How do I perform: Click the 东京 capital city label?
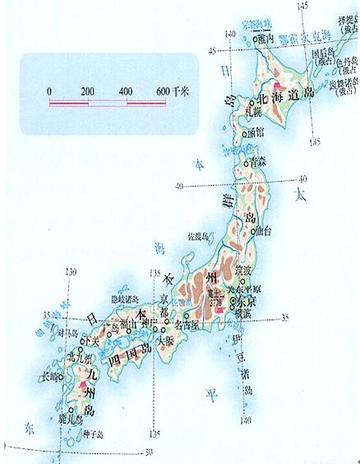coord(244,301)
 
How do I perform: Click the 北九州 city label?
coord(81,358)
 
